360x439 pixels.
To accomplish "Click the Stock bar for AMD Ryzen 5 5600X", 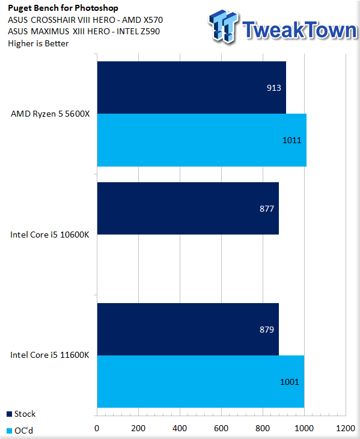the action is point(192,88).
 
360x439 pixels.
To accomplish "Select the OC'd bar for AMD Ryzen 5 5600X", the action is point(202,140).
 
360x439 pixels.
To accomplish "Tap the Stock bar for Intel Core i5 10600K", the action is point(188,208).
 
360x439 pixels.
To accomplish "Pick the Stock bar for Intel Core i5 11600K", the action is point(188,330).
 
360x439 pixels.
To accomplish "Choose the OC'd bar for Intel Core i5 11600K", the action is point(201,382).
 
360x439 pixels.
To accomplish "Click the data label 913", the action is point(274,88).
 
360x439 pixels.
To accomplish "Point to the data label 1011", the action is point(291,140).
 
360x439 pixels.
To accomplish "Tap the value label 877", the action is point(267,209).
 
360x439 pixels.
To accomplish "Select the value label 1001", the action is point(290,382).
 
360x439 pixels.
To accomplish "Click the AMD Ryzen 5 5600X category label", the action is point(50,114).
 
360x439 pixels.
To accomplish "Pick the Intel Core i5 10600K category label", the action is point(50,235).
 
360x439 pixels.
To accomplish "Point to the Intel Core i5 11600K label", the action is point(50,355).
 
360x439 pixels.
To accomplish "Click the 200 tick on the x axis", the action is point(138,428).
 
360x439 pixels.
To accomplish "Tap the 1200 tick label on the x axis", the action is point(346,428).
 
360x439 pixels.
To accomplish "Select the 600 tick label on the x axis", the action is point(221,428).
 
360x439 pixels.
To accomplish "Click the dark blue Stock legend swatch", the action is point(9,414).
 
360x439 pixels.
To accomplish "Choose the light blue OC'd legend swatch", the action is point(9,431).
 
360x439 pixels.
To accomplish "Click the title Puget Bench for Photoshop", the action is point(63,8).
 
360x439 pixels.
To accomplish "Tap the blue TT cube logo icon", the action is point(224,26).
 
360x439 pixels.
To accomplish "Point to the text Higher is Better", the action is point(38,44).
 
